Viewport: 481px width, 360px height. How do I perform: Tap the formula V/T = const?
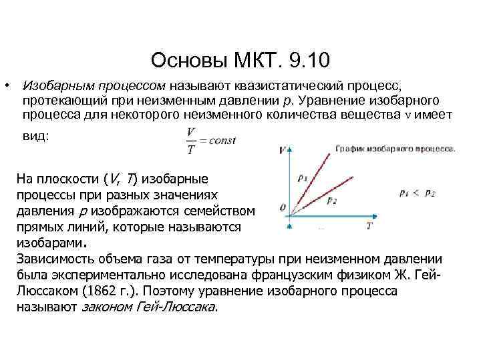[207, 141]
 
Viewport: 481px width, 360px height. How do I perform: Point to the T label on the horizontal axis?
[369, 225]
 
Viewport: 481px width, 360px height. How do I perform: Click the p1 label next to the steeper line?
[304, 178]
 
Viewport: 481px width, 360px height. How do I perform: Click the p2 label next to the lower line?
[332, 199]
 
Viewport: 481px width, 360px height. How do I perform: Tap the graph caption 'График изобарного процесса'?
[395, 147]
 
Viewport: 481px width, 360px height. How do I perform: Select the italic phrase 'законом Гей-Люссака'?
[150, 307]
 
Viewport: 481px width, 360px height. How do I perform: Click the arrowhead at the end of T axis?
[381, 215]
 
